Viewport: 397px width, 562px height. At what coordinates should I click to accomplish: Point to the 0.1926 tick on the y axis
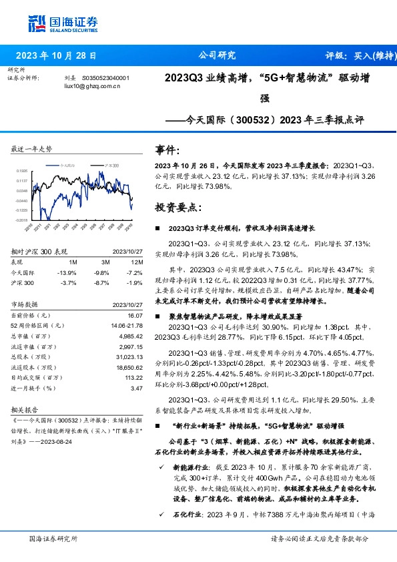click(x=21, y=171)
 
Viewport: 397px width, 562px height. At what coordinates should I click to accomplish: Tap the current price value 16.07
click(x=135, y=315)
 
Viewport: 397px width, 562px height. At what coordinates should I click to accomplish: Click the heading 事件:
click(x=167, y=150)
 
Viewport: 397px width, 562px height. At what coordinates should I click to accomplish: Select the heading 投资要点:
click(x=177, y=207)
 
